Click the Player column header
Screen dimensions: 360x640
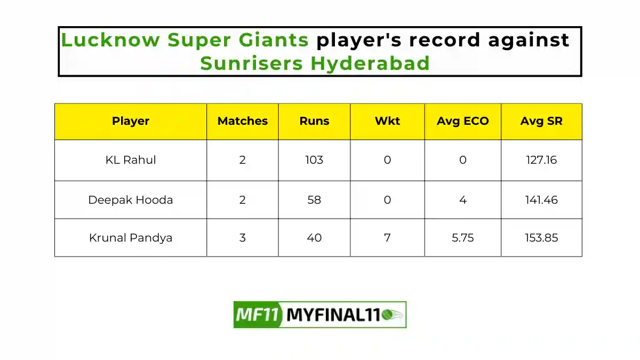131,121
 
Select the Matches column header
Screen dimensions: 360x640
243,121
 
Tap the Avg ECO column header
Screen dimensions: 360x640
462,121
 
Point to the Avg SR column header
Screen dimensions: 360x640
541,121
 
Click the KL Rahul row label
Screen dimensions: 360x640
131,160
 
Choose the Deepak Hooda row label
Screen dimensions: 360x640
131,200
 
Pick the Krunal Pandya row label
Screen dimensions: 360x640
131,238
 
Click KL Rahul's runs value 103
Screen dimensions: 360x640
314,160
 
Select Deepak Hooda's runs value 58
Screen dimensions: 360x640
314,200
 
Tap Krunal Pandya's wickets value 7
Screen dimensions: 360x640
387,238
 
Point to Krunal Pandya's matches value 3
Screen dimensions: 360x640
243,238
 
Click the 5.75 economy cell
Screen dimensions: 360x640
462,238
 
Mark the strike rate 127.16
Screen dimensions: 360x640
541,160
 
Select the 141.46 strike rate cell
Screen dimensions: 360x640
541,200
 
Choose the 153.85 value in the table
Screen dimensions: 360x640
541,238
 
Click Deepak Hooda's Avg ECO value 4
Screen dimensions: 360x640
462,200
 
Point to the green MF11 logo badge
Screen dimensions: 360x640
257,315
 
